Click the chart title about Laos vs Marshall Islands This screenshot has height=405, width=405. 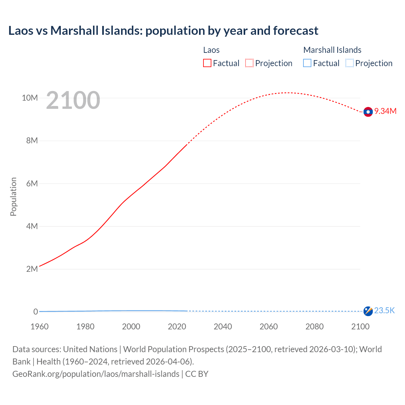[x=163, y=31]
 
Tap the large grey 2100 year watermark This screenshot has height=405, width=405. [x=73, y=100]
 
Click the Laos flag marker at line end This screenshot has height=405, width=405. [x=368, y=112]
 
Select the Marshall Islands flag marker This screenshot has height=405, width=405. [x=368, y=311]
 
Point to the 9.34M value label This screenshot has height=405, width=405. [x=385, y=111]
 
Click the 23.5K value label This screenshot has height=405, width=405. [x=384, y=310]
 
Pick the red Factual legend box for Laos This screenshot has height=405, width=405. [x=207, y=63]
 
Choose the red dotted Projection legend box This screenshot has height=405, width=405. [x=249, y=63]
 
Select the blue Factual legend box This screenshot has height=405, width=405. [x=307, y=63]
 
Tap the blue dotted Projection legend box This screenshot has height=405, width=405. [x=350, y=63]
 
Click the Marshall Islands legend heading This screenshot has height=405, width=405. [x=332, y=50]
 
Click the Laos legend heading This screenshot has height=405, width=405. [x=211, y=50]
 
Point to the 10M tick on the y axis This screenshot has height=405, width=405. [x=30, y=98]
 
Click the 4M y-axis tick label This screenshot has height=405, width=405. [x=32, y=226]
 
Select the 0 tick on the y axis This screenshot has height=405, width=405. [x=36, y=312]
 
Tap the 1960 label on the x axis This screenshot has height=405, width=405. [x=40, y=327]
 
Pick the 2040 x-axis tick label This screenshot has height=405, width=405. [x=223, y=327]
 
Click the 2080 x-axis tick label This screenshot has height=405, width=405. [x=315, y=327]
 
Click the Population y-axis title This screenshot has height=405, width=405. [x=13, y=196]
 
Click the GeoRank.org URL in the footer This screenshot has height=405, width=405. [x=96, y=374]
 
